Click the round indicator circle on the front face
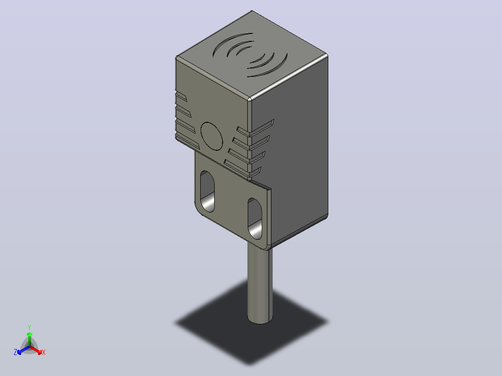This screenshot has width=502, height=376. tap(211, 136)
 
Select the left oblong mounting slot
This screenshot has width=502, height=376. tap(208, 191)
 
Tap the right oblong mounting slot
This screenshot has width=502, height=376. tap(255, 219)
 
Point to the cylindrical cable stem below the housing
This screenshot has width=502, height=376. tap(260, 285)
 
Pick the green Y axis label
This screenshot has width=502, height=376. tap(29, 328)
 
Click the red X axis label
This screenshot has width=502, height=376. tap(44, 352)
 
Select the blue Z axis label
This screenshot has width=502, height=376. tap(15, 352)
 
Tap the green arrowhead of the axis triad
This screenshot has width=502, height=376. tap(29, 335)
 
